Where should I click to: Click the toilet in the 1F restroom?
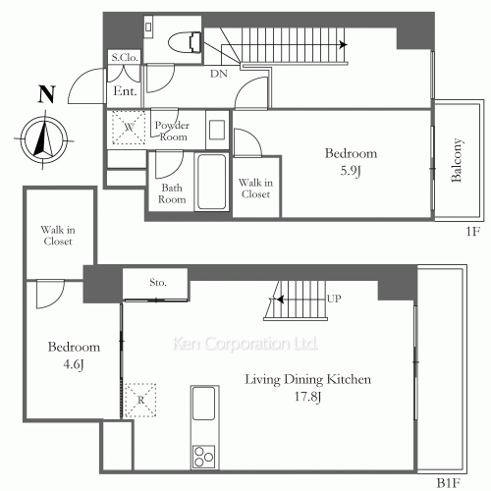185,42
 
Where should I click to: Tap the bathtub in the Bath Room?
212,182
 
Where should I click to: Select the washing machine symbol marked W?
129,128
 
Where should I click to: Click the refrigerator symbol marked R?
140,400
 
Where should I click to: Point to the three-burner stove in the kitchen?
203,457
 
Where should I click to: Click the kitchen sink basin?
203,404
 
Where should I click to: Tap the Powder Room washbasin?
217,130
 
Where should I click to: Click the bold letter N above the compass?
47,94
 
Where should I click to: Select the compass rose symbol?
44,139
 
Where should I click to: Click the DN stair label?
219,74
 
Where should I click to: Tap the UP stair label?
334,299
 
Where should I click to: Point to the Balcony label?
457,160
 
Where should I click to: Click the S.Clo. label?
125,58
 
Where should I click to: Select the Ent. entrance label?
125,90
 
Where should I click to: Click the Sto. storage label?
158,282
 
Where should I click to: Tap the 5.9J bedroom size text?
351,171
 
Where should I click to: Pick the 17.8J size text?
307,397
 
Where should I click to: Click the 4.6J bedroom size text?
74,364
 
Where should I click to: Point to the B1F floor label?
449,483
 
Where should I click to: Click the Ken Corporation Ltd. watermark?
245,344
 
